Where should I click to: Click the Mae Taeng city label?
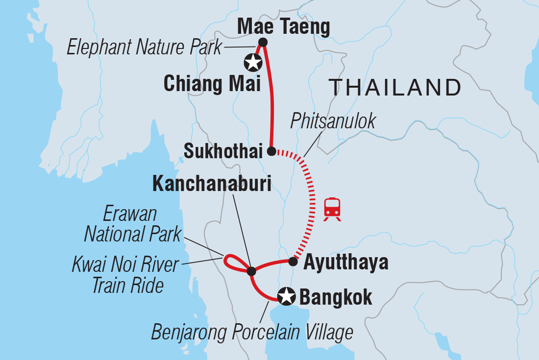tap(283, 27)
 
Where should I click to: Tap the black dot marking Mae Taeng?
tap(263, 42)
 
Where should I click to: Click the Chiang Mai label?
tap(212, 84)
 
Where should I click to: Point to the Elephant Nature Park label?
tap(145, 48)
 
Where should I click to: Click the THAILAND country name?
tap(394, 88)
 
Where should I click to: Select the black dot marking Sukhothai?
tap(271, 151)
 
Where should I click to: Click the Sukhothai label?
tap(223, 152)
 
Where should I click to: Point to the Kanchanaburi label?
tap(212, 183)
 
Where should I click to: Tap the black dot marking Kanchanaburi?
tap(251, 271)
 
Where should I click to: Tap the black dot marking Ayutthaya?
tap(293, 262)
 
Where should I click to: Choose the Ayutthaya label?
tap(346, 263)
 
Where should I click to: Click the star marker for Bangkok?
tap(286, 296)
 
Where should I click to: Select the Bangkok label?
tap(335, 297)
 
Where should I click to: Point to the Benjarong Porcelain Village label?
tap(252, 332)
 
